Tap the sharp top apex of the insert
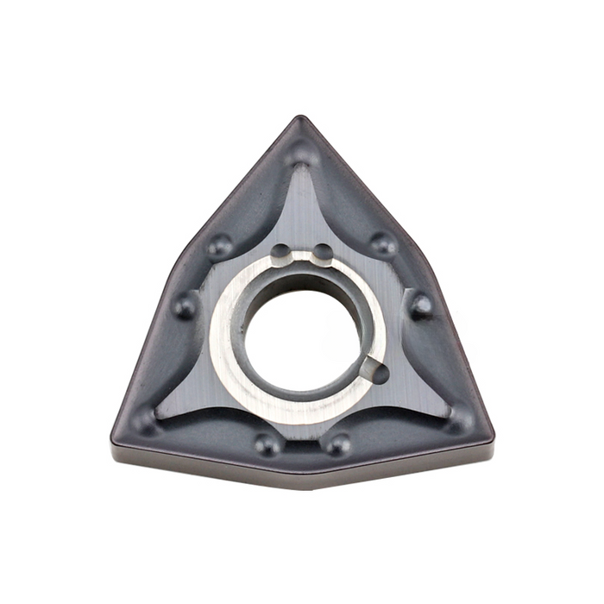[300, 117]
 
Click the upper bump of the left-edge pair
[219, 245]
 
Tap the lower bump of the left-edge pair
[185, 304]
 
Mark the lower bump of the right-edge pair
[420, 304]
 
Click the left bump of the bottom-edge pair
[267, 444]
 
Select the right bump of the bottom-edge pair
[337, 444]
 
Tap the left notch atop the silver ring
[281, 252]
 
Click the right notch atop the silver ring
[322, 252]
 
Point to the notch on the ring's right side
[377, 371]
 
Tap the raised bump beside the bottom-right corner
[460, 418]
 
